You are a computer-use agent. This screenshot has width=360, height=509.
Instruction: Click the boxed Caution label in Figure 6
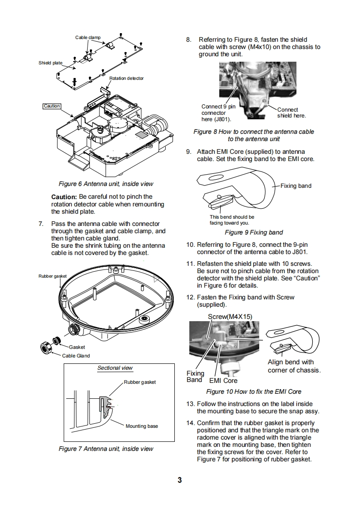coord(52,106)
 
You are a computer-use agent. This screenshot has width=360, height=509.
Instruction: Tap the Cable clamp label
coord(88,38)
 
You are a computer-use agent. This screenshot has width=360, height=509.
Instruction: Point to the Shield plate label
coord(50,63)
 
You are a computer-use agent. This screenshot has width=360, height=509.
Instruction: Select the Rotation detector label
coord(126,78)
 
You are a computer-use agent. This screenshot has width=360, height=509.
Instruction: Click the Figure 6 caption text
coord(106,184)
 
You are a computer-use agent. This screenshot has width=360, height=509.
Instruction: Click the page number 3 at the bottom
coord(180,480)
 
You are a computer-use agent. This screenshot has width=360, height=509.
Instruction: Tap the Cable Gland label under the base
coord(76,356)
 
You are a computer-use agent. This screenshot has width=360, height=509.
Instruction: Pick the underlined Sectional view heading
coord(115,368)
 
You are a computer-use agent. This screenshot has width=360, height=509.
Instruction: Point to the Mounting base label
coord(142,426)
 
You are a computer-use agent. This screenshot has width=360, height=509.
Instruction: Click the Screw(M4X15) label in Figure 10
coord(230,316)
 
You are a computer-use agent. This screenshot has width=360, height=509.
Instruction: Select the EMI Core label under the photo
coord(223,381)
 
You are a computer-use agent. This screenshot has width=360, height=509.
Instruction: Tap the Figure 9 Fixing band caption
coord(254,232)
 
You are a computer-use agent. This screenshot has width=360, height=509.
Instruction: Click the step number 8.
coord(189,40)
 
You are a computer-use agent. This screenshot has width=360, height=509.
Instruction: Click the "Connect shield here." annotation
coord(291,113)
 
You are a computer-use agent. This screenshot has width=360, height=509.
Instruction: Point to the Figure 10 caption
coord(253,392)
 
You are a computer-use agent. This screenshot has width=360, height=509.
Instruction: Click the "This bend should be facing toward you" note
coord(232,220)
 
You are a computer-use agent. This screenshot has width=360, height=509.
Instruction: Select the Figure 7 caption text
coord(106,449)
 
